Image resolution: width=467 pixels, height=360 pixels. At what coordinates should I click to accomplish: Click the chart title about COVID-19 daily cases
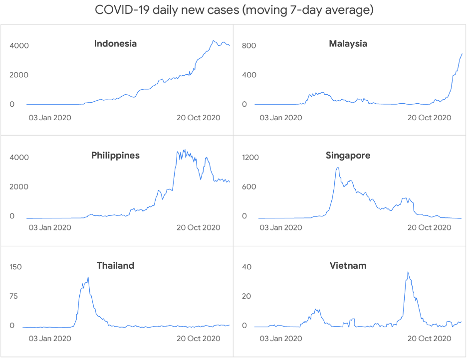pos(233,10)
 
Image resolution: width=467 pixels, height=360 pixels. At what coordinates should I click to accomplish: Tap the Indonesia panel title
pos(115,44)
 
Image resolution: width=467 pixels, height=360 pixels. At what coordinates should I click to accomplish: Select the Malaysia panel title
pos(348,44)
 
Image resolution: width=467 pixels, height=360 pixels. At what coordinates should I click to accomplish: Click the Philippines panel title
pos(115,156)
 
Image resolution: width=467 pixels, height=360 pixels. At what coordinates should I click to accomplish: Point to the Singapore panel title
pos(348,156)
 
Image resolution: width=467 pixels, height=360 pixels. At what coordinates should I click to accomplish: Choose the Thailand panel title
pos(115,266)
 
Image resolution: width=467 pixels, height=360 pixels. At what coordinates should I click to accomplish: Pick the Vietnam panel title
pos(348,266)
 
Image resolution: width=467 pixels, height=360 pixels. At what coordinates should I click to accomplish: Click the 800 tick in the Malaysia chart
pos(249,46)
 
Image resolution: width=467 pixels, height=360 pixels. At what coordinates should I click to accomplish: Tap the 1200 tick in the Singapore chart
pos(250,158)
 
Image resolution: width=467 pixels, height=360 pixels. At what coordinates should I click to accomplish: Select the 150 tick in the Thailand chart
pos(16,267)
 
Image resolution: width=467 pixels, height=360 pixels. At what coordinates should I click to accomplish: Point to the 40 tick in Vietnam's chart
pos(246,267)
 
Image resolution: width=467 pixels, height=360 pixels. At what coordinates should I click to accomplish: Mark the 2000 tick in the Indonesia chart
pos(19,75)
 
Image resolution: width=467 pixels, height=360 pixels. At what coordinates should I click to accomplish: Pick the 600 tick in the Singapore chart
pos(248,187)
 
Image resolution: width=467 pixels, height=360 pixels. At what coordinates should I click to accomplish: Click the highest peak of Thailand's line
pos(88,277)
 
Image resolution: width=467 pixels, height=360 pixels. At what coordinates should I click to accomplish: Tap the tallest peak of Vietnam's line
pos(408,272)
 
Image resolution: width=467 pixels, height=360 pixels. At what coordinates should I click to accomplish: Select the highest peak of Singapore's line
pos(338,168)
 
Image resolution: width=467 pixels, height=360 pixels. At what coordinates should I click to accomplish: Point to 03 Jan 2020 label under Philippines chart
pos(49,228)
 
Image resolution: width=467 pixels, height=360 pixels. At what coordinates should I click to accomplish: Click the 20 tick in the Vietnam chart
pos(246,296)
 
